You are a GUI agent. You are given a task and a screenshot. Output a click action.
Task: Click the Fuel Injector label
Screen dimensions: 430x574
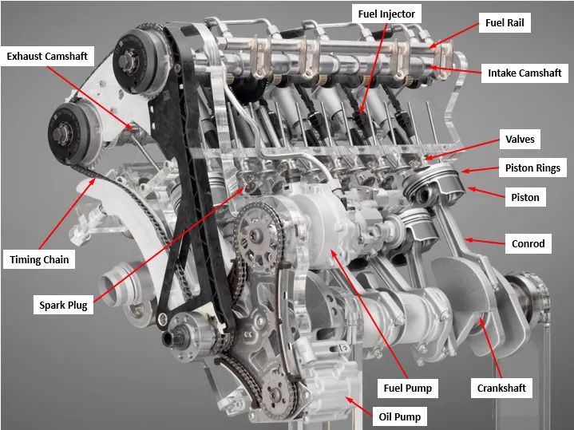pyautogui.click(x=387, y=14)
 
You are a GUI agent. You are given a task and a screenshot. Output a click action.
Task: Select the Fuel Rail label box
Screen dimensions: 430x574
pyautogui.click(x=507, y=23)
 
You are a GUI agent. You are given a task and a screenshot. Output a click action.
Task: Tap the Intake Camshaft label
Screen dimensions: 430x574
pyautogui.click(x=525, y=73)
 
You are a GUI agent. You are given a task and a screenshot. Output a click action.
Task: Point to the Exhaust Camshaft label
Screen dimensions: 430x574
pyautogui.click(x=47, y=57)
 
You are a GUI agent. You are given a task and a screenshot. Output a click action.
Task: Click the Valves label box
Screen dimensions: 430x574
pyautogui.click(x=520, y=140)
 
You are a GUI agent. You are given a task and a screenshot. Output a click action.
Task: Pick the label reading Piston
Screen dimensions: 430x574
pyautogui.click(x=525, y=197)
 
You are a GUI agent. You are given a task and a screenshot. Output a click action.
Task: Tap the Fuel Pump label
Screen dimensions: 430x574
pyautogui.click(x=407, y=389)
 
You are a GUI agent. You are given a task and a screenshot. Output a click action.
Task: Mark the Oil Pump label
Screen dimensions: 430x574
pyautogui.click(x=400, y=416)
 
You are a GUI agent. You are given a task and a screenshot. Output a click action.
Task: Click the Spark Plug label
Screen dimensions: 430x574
pyautogui.click(x=63, y=304)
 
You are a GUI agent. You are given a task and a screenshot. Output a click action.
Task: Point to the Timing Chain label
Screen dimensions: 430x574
pyautogui.click(x=39, y=259)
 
